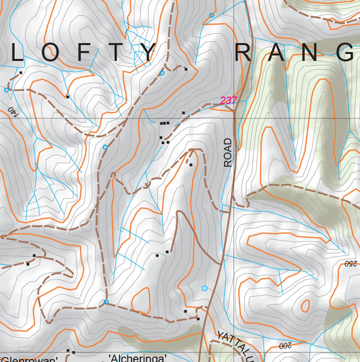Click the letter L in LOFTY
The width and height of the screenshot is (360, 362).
17,53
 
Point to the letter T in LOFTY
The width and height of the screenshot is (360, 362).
116,53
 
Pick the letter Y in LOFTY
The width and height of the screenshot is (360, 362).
148,53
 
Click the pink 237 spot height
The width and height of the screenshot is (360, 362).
228,100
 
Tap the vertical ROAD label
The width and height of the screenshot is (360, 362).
228,152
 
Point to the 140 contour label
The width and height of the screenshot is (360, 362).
13,112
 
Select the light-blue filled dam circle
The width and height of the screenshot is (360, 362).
204,288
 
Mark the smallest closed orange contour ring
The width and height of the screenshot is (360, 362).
305,306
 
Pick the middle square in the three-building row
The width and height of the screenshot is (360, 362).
164,123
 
